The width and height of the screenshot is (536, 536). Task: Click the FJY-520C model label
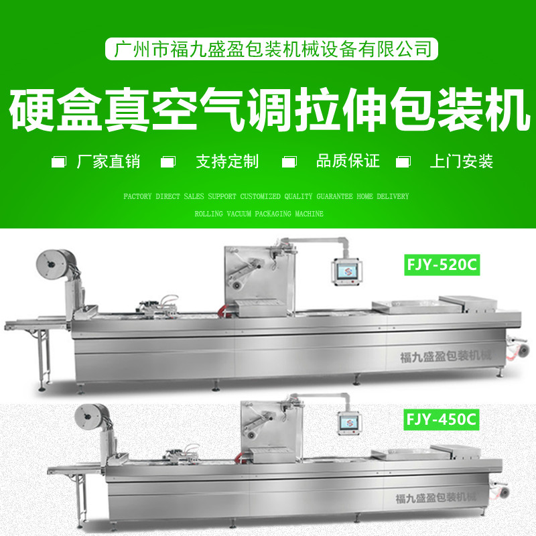click(x=442, y=265)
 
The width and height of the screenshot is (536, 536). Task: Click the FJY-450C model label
click(x=442, y=419)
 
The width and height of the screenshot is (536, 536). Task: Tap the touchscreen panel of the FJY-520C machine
click(x=346, y=272)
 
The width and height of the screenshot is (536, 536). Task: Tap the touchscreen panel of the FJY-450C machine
click(x=349, y=423)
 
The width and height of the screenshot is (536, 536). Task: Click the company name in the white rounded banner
click(x=272, y=49)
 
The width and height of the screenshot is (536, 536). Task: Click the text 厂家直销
click(x=109, y=161)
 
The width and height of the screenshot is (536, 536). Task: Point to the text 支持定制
click(x=227, y=161)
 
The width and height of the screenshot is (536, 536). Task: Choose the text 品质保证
click(x=348, y=161)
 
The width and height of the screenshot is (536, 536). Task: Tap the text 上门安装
click(x=462, y=161)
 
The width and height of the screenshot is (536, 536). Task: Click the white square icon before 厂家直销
click(x=59, y=161)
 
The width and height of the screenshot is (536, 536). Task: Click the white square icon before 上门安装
click(x=403, y=161)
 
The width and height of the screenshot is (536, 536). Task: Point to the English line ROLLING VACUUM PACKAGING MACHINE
click(x=259, y=214)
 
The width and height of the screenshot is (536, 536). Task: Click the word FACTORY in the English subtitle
click(x=137, y=196)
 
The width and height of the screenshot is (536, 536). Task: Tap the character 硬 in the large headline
click(x=32, y=109)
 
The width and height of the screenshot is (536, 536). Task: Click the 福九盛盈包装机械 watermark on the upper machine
click(x=446, y=357)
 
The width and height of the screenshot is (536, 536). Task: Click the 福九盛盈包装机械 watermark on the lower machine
click(x=436, y=498)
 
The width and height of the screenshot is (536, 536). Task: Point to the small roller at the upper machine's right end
click(x=522, y=350)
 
